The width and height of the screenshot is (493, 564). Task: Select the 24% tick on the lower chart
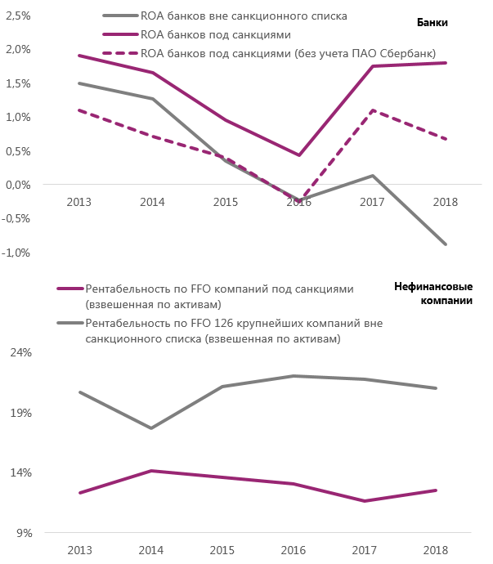pos(20,352)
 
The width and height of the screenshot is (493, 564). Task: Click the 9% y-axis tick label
pos(23,533)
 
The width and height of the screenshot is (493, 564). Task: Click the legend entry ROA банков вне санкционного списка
pos(233,16)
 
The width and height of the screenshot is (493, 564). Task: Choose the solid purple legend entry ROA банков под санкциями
pos(216,34)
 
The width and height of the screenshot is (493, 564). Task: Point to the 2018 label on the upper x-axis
pos(446,202)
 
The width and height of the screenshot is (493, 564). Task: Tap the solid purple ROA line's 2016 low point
pos(299,155)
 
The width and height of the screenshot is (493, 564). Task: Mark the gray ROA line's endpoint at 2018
pos(446,244)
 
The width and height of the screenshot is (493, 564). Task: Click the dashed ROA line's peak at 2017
pos(373,110)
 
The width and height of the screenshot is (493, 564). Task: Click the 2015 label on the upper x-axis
pos(226,202)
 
